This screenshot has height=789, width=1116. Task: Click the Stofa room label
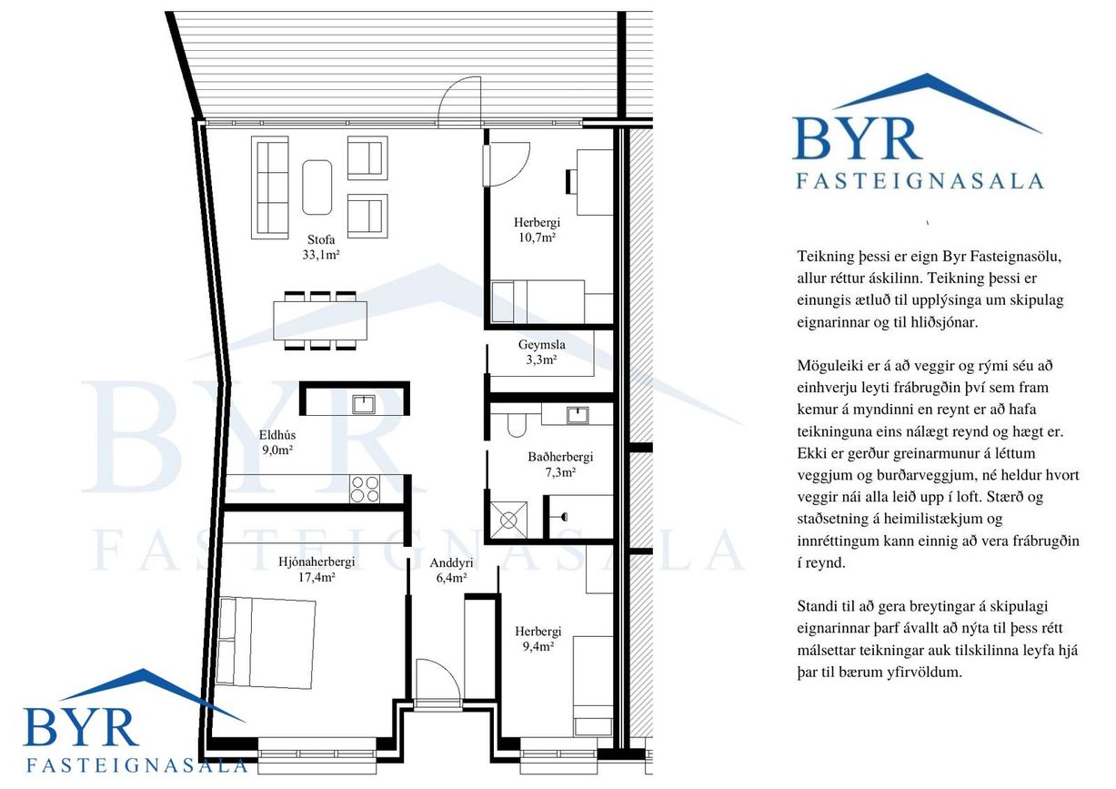[321, 239]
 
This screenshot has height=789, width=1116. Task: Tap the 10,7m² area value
[537, 238]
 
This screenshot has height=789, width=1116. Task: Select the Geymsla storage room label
[541, 344]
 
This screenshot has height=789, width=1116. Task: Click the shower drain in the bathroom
[508, 521]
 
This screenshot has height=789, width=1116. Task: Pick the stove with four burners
[364, 489]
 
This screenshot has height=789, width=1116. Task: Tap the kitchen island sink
[364, 404]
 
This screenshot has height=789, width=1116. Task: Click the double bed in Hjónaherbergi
[266, 642]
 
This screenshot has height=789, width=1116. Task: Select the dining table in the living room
[320, 320]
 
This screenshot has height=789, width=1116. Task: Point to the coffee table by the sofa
[317, 187]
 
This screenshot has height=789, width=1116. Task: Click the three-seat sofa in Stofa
[270, 187]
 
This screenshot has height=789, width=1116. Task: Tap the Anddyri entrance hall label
[451, 562]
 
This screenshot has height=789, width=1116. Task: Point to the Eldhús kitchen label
[277, 435]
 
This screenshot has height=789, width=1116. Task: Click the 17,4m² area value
[317, 578]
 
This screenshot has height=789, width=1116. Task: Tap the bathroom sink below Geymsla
[578, 415]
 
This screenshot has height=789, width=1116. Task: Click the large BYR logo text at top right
[857, 137]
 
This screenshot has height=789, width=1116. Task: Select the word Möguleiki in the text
[830, 366]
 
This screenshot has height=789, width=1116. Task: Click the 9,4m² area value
[538, 647]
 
